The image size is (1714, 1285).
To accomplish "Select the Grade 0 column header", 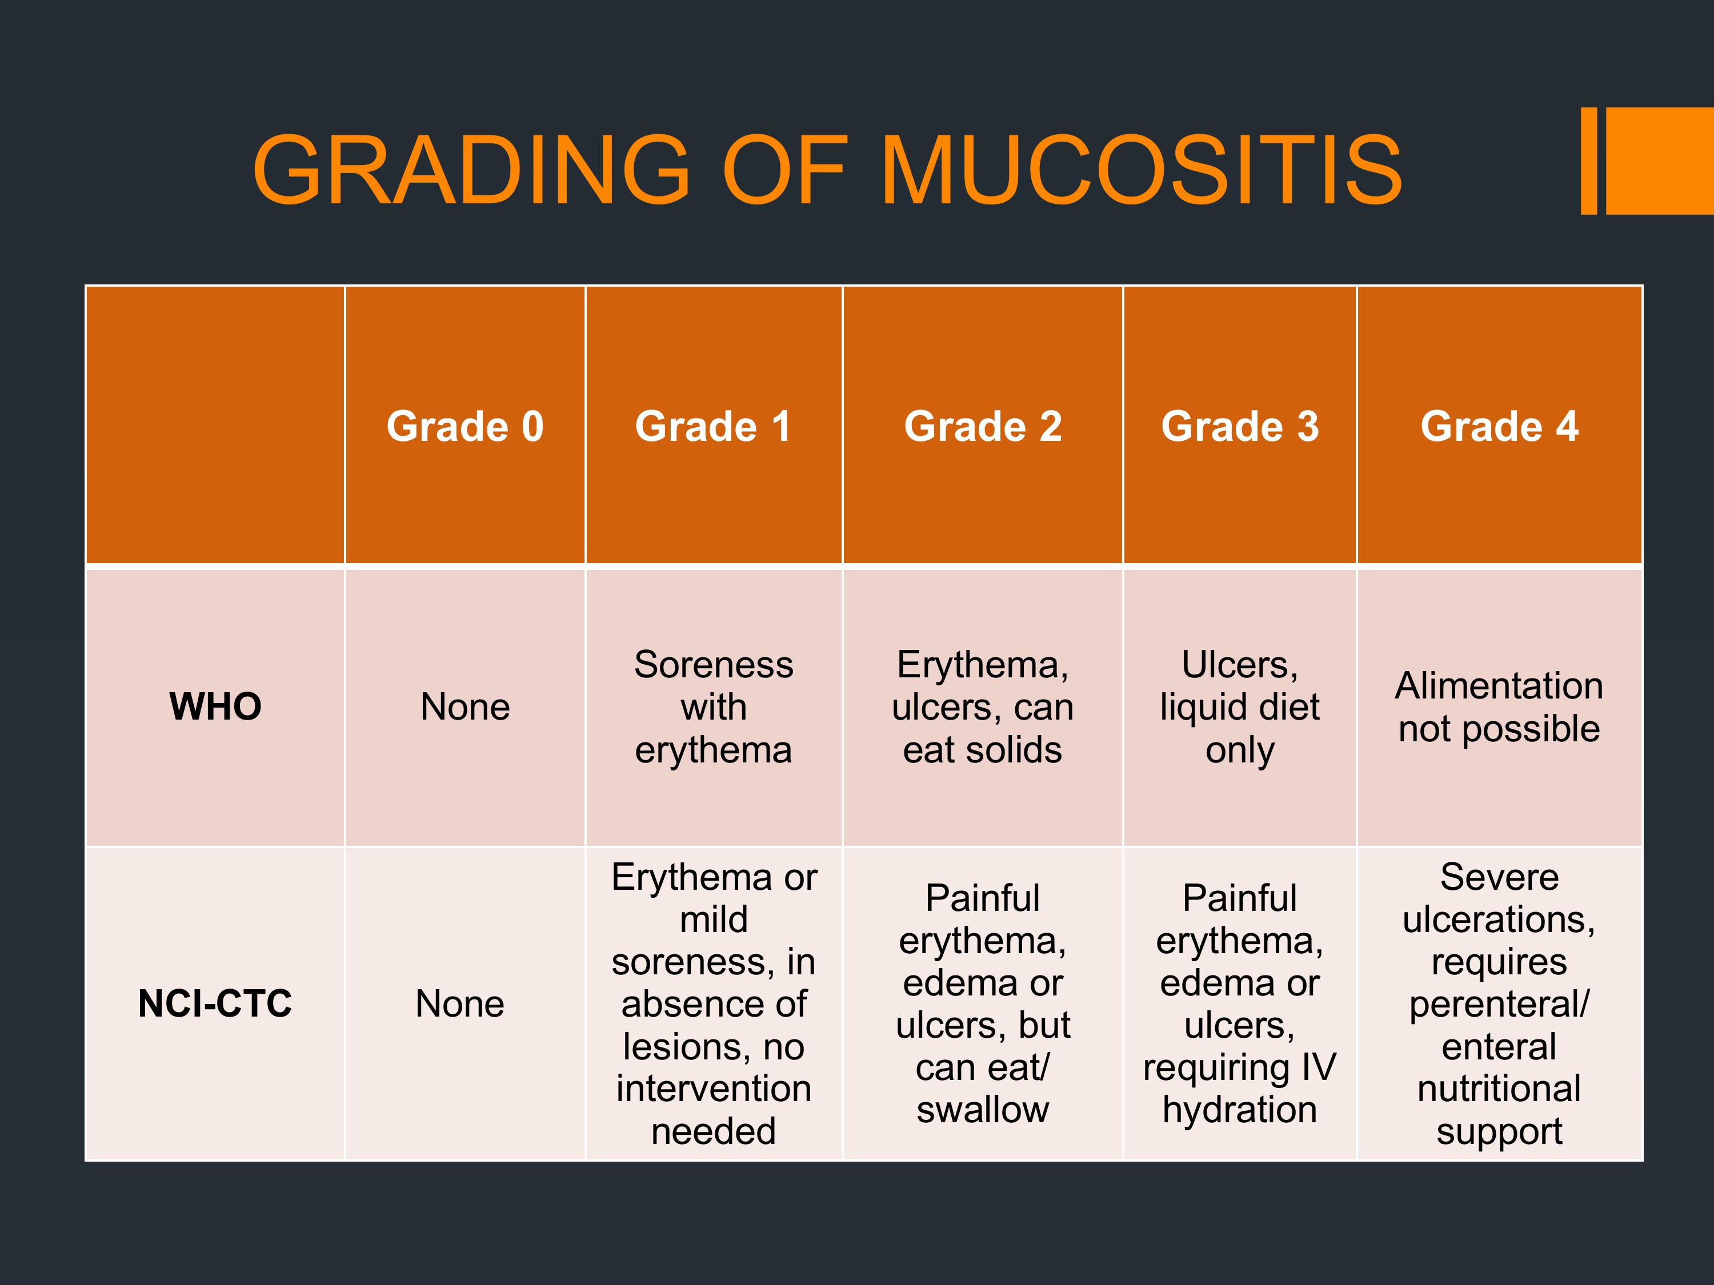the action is (465, 426).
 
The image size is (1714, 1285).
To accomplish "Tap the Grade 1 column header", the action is (713, 426).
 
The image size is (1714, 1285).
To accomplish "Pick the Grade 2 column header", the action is (983, 426).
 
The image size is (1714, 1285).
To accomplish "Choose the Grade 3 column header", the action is (1240, 426).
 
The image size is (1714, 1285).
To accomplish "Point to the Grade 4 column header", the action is (1499, 426).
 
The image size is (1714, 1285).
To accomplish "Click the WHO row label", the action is (215, 706).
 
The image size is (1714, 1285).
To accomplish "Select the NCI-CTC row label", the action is (215, 1004).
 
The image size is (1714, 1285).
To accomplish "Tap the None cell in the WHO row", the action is (465, 707).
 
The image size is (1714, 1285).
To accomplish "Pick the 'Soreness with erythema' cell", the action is (714, 706).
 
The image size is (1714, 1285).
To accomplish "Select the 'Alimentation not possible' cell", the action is (1499, 707).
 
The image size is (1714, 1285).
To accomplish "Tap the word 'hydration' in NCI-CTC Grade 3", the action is (1240, 1110).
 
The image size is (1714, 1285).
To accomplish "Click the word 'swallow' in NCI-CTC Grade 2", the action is (983, 1110).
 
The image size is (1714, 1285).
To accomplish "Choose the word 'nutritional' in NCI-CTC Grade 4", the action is (1499, 1089).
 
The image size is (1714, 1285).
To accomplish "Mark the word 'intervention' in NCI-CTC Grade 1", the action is (714, 1089).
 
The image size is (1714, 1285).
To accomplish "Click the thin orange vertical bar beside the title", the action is (1588, 161).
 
